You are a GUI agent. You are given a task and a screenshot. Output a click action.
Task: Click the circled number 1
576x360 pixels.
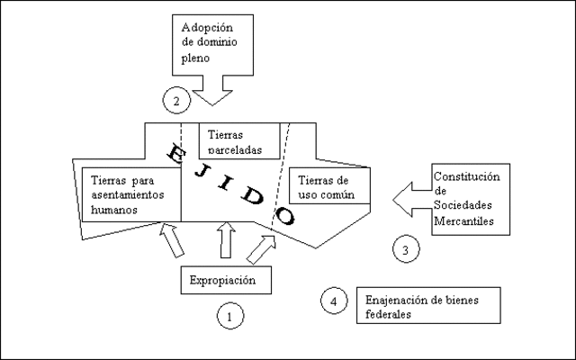coord(229,316)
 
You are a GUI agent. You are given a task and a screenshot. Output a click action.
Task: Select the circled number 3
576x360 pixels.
coord(405,249)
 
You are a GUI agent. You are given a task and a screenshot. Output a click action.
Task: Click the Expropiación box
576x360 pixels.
coord(229,281)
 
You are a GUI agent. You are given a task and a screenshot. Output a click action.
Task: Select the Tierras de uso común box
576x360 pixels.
coord(328,185)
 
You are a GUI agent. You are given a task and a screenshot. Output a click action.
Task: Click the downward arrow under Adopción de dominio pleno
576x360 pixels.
coord(214,89)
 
